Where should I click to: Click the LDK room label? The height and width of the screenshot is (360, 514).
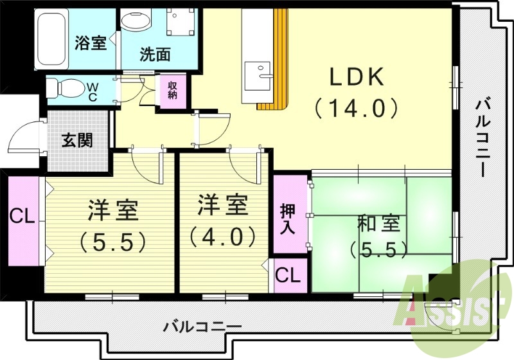[x=357, y=78]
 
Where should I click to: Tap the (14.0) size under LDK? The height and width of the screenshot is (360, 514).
[x=357, y=107]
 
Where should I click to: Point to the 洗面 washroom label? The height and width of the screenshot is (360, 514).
[x=155, y=55]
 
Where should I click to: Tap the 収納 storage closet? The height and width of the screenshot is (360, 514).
[x=172, y=91]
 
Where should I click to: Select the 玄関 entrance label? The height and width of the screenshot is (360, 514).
[x=77, y=141]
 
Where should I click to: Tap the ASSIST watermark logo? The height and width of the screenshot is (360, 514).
[x=450, y=302]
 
